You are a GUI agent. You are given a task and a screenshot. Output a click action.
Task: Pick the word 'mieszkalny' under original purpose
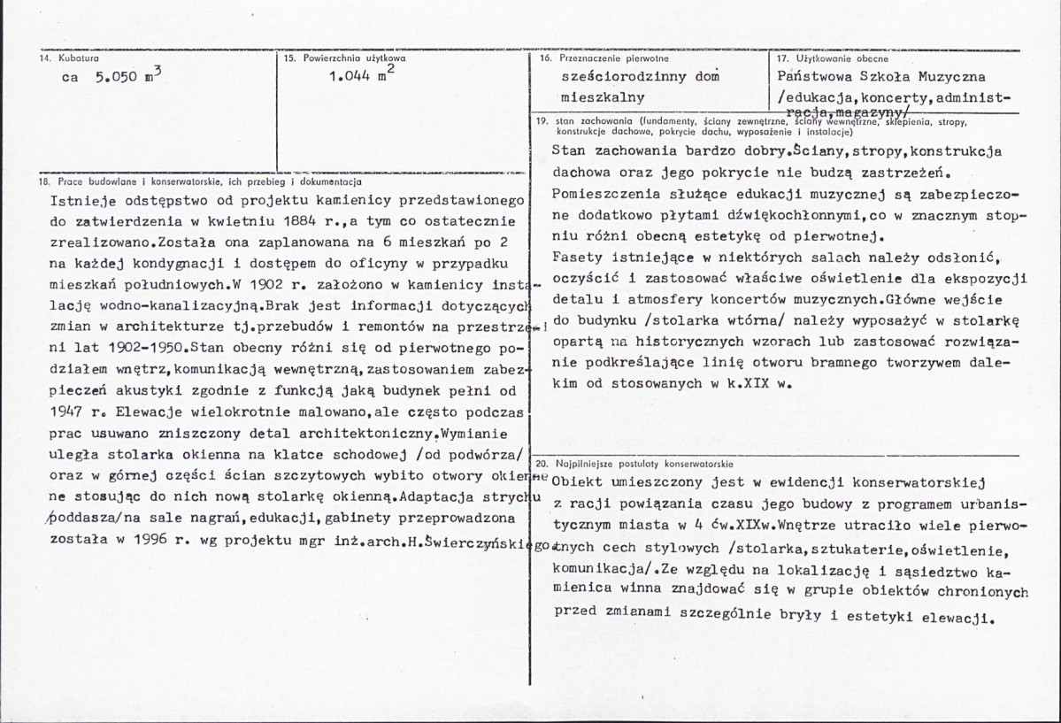(x=604, y=96)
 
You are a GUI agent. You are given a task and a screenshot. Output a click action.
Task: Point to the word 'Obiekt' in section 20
(x=576, y=482)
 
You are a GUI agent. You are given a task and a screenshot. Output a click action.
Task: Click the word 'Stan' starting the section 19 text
(x=566, y=150)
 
